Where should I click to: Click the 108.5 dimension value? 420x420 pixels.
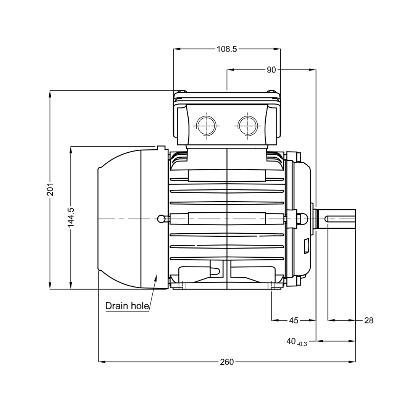[227, 49]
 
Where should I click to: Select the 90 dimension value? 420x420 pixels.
[271, 70]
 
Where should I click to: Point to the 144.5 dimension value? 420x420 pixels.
[71, 218]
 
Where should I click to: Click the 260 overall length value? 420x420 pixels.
[227, 362]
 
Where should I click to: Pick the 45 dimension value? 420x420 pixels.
[294, 320]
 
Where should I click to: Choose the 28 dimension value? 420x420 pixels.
[368, 320]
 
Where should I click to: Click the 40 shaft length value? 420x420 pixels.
[291, 341]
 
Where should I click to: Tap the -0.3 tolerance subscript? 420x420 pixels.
[302, 344]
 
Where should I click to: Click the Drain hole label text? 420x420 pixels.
[127, 306]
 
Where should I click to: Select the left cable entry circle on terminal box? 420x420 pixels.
[206, 126]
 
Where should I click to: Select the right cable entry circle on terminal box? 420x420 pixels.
[248, 126]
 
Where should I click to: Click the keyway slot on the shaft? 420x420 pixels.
[340, 219]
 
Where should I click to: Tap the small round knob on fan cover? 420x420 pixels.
[161, 219]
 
